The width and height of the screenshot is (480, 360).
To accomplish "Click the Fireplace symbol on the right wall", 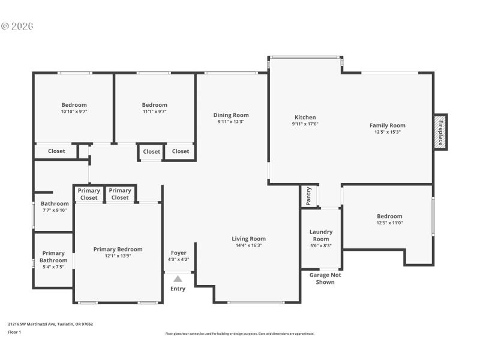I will coord(440,132).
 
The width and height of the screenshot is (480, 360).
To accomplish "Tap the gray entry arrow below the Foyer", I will coord(178,278).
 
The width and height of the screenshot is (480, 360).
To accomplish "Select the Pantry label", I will coord(308,196).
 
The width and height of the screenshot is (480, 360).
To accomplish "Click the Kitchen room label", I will coord(305,118).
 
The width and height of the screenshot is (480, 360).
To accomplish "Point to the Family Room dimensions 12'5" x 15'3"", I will coord(387,132).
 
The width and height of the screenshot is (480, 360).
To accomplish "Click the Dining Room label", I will coord(231,115).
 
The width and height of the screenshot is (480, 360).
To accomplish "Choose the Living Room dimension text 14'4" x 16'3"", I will coord(248,245).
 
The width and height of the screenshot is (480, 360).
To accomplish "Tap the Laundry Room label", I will coord(320,235).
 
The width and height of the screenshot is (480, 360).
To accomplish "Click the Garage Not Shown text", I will coord(322,278).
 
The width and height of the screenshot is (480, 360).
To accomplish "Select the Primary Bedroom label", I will coord(118,250).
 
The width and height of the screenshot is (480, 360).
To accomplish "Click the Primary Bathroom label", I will coord(53,257).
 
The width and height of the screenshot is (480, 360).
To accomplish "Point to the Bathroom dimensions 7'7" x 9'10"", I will coord(55,210).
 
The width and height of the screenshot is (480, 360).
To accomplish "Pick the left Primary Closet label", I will coord(89,194).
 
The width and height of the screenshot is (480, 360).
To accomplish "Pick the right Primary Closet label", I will coord(120,194).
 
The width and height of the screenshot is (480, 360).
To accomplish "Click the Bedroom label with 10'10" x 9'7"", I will coord(74,105).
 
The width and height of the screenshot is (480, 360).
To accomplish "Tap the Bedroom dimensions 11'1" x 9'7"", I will coord(154,111).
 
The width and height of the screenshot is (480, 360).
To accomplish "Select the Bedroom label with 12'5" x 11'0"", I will coord(389,217).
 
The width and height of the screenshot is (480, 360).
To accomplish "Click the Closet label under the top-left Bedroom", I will coord(56,151).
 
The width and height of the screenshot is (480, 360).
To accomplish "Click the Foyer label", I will coord(178,253).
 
